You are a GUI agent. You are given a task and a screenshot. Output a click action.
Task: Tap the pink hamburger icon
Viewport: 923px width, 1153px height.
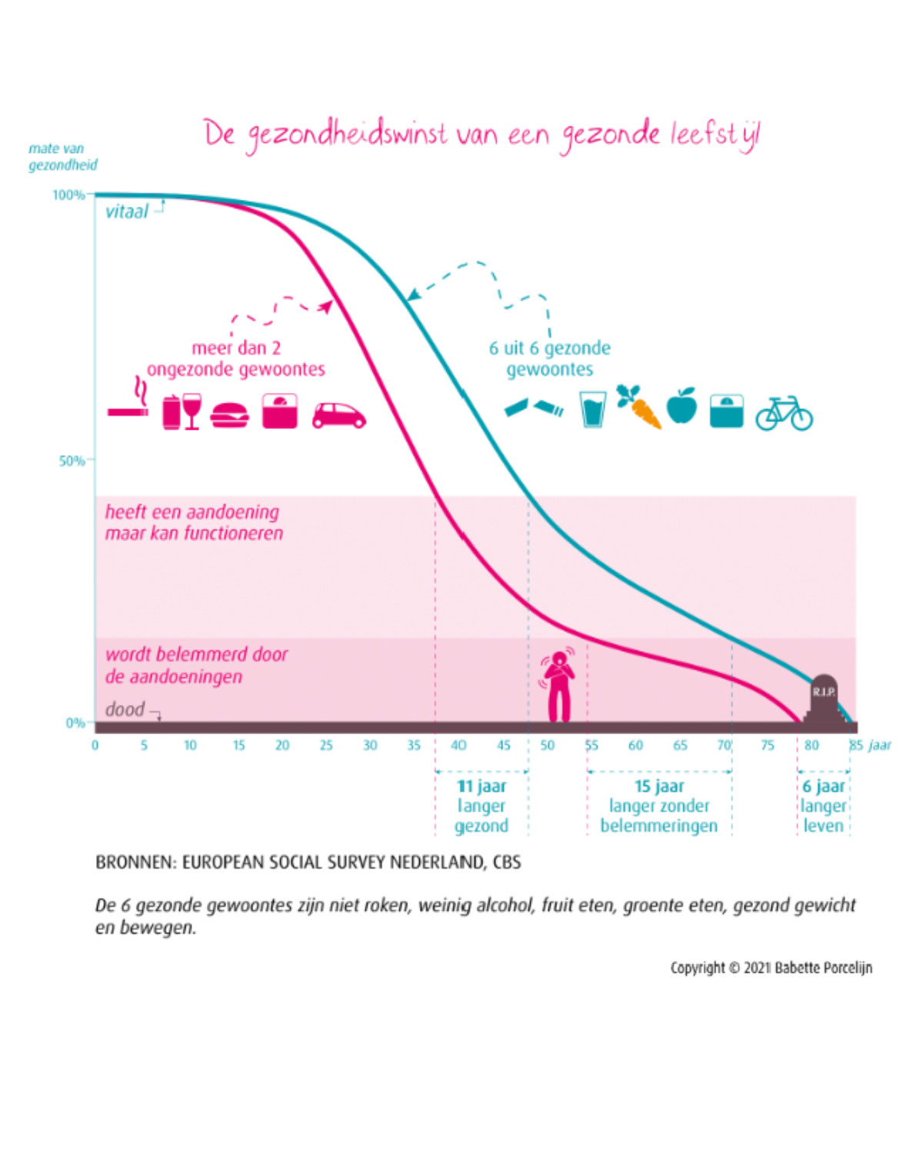point(229,415)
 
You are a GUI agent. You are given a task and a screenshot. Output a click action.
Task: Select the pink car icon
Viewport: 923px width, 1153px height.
point(338,416)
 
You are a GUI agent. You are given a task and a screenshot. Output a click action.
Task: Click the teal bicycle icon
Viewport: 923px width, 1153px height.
point(784,414)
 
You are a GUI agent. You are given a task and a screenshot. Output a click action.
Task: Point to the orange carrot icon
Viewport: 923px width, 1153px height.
point(640,407)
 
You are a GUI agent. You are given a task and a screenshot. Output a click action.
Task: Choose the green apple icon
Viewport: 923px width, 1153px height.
point(681,406)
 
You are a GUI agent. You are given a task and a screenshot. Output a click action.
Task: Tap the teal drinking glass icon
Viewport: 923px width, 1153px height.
point(593,409)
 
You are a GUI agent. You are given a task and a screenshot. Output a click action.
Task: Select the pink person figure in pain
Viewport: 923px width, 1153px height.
point(558,684)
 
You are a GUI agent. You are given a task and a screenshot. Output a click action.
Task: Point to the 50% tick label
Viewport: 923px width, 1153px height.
point(72,461)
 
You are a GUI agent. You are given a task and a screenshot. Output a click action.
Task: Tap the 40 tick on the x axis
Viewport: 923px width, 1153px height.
point(458,745)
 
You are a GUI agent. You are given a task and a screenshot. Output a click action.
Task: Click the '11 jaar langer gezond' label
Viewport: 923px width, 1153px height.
point(481,806)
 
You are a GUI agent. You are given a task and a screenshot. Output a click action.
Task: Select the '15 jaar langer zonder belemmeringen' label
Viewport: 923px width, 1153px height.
point(659,806)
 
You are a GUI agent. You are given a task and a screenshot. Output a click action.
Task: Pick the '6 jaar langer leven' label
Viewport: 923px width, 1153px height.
point(823,806)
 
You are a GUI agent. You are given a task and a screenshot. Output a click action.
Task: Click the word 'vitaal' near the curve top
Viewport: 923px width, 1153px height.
point(126,212)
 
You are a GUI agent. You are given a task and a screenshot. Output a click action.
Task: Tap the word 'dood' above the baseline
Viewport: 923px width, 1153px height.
point(125,709)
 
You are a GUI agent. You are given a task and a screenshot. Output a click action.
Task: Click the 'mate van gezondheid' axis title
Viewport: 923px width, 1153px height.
point(62,157)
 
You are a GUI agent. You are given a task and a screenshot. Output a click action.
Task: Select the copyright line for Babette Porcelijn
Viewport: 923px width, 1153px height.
point(771,968)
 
